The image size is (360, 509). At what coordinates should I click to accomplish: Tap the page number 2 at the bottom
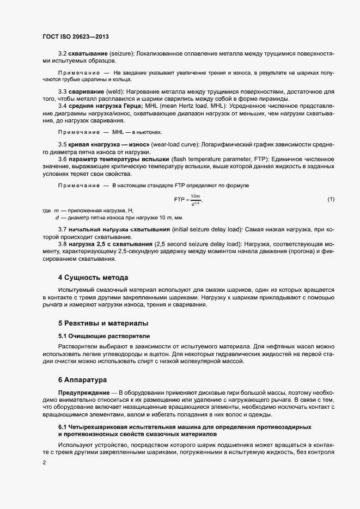click(x=44, y=463)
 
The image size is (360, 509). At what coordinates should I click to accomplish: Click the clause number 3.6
click(x=63, y=158)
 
